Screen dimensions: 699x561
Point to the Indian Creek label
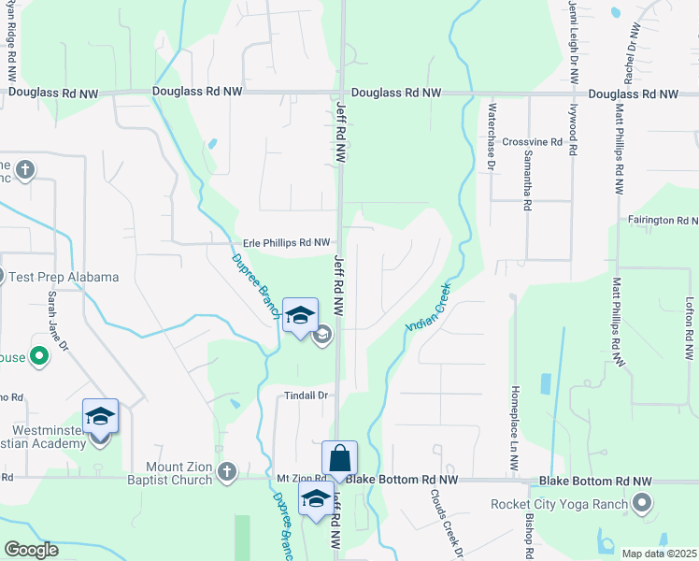[x=428, y=306]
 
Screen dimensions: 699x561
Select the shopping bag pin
[x=339, y=459]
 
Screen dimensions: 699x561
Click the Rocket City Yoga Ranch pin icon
[x=641, y=505]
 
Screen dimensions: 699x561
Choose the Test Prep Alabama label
[x=64, y=277]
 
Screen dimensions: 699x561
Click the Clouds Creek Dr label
[x=448, y=524]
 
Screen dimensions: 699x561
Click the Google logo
[x=32, y=550]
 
